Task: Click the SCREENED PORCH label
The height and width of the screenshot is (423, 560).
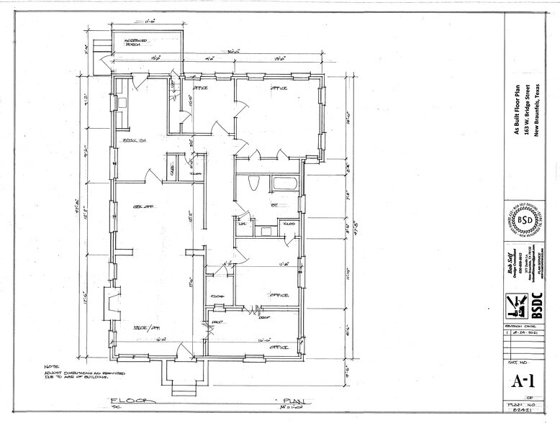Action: click(137, 42)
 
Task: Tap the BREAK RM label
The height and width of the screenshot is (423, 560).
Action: click(134, 140)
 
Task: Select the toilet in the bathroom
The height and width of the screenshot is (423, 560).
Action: click(253, 184)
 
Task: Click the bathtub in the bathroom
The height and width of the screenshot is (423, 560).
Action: click(284, 183)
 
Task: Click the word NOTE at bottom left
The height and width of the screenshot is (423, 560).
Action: click(50, 365)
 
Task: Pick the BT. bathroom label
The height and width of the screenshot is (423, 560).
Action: click(254, 205)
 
